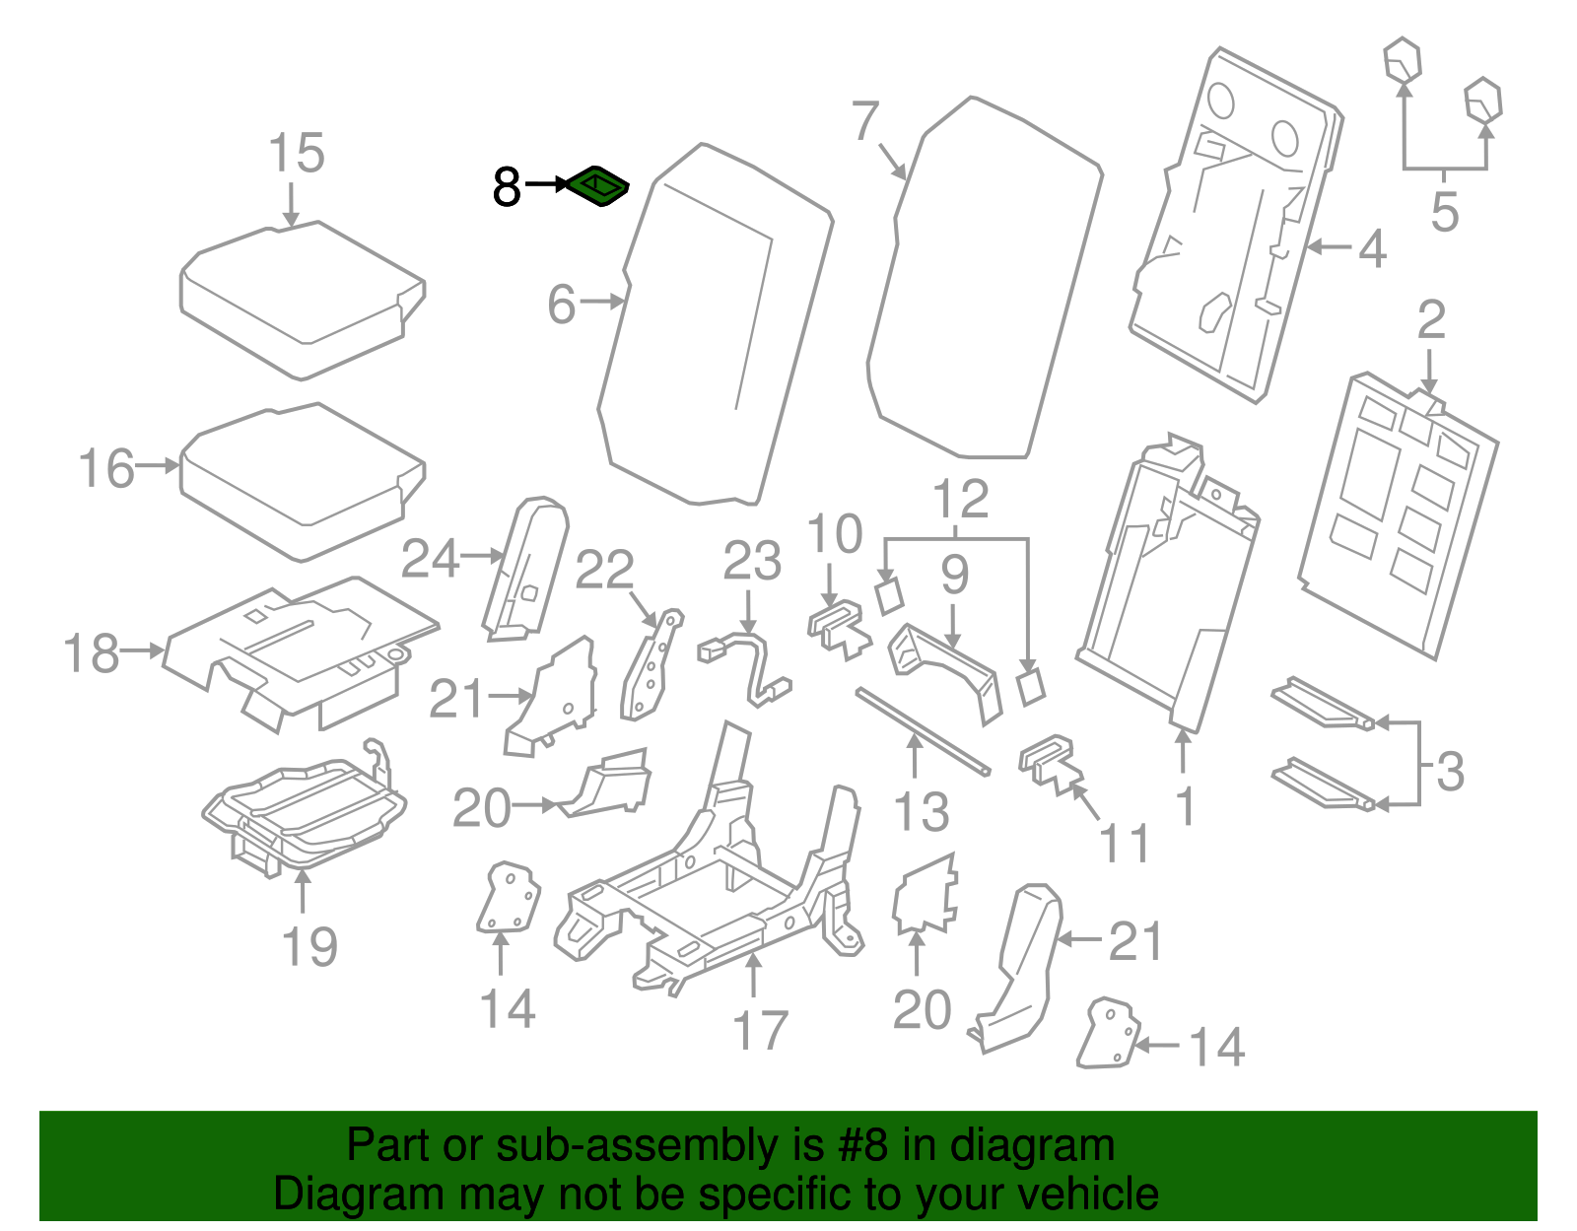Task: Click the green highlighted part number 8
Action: [597, 185]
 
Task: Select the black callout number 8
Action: [507, 187]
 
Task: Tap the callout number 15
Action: [296, 154]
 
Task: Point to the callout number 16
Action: [106, 468]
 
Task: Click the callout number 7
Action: [864, 121]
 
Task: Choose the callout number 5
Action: [1444, 212]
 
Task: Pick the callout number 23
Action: [752, 561]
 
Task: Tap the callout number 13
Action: [922, 811]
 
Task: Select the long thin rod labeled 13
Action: [922, 730]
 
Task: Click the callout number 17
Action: [760, 1030]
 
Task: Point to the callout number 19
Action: [309, 946]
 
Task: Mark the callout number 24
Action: [431, 559]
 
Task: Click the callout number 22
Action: [604, 569]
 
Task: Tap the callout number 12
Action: [960, 499]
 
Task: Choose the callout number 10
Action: [834, 535]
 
